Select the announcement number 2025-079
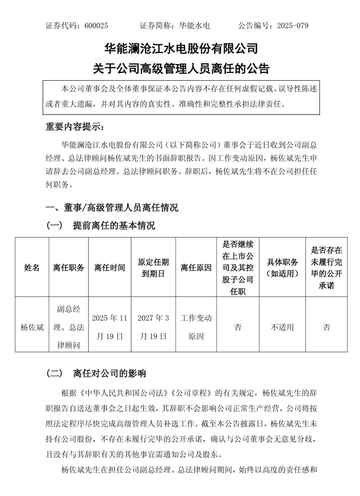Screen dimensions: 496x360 292,25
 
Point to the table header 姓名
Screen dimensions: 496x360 31,267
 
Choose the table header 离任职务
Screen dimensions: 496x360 68,267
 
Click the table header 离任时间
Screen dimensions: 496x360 109,267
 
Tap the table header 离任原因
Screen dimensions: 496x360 196,267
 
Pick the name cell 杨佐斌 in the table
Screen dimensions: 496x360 31,327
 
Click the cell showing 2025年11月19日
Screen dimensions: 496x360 109,327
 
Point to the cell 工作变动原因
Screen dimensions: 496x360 196,327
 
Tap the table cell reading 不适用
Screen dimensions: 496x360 282,327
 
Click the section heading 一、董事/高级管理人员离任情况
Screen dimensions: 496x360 113,208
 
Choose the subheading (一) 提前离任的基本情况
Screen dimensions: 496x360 101,225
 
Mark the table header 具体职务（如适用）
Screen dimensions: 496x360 282,267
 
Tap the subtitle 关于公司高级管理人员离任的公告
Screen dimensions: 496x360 180,68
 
